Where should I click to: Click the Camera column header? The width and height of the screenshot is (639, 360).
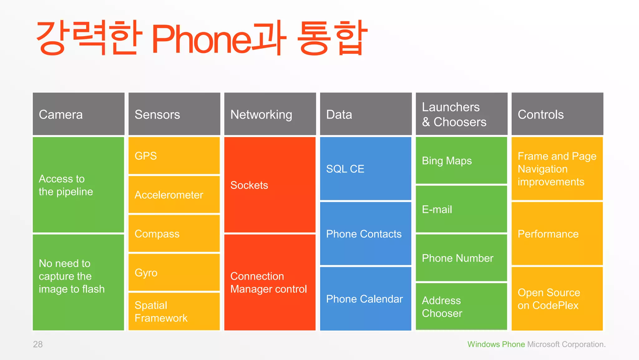tap(78, 114)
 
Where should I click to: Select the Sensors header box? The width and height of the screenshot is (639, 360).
tap(174, 114)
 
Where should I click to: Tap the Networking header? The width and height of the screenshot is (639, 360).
tap(270, 114)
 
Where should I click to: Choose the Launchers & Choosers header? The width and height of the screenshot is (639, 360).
tap(461, 114)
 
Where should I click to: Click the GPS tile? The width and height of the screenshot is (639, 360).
tap(174, 156)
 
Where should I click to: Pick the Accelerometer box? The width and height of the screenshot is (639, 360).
tap(174, 195)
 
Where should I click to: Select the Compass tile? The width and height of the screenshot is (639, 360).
tap(174, 234)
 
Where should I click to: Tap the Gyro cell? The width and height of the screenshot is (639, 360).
tap(174, 272)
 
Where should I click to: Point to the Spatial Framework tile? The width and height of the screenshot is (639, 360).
tap(174, 311)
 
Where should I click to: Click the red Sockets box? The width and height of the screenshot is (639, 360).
tap(270, 185)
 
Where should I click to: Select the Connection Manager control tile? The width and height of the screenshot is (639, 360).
tap(270, 282)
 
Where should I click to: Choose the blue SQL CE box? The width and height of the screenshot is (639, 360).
tap(366, 169)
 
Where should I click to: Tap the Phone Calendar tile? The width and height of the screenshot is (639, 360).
tap(366, 299)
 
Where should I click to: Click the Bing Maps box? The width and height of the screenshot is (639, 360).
tap(461, 161)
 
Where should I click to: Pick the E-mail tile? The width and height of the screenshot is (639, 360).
tap(461, 209)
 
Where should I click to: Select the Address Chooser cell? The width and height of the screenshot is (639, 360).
tap(461, 307)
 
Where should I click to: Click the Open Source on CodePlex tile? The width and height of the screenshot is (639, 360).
tap(557, 299)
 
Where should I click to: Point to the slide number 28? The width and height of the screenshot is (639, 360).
tap(38, 344)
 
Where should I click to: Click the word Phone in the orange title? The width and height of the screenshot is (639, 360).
tap(202, 39)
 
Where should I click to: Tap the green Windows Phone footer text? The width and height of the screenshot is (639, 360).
tap(496, 344)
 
